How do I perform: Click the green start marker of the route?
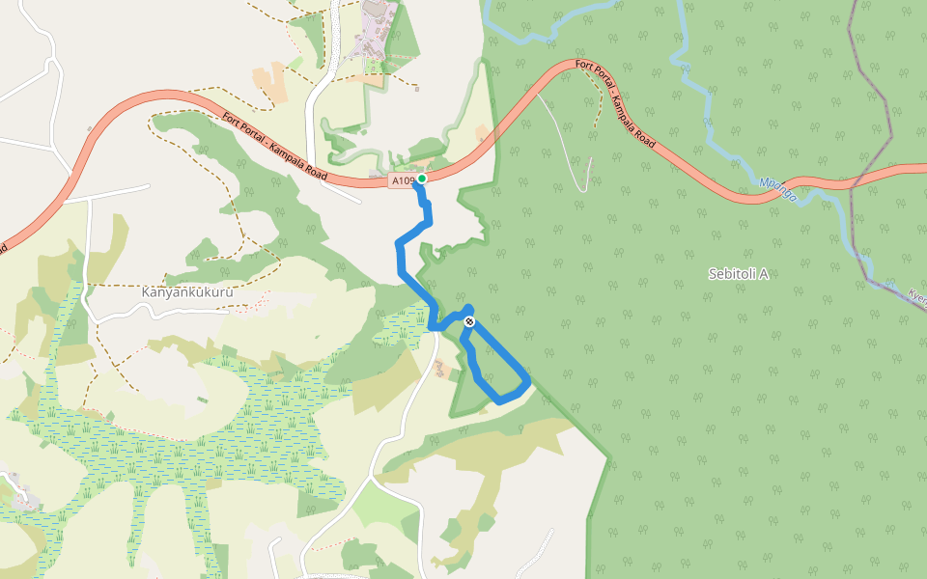point(422,179)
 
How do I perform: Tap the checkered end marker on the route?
point(469,321)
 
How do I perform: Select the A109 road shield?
point(403,180)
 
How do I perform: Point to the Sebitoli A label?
point(738,274)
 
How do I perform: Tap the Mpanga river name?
point(777,188)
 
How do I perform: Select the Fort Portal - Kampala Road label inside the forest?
point(615,103)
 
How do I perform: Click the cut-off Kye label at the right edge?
point(916,296)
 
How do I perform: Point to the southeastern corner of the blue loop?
point(526,383)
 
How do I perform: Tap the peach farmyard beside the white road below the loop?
point(440,370)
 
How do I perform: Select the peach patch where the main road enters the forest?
point(481,132)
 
